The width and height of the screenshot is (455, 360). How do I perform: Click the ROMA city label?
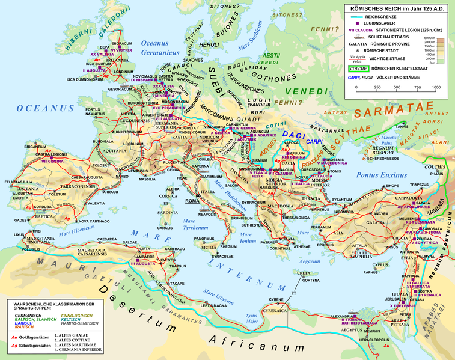coord(192,200)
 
